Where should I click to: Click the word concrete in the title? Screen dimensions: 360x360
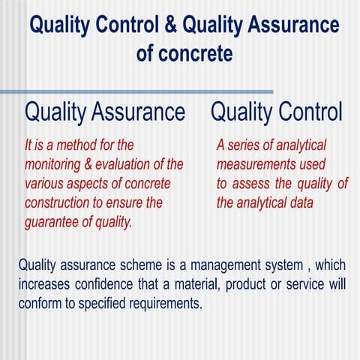tap(197, 54)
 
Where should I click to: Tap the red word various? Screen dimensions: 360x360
tap(43, 184)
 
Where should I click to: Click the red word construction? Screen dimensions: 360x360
tap(59, 203)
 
